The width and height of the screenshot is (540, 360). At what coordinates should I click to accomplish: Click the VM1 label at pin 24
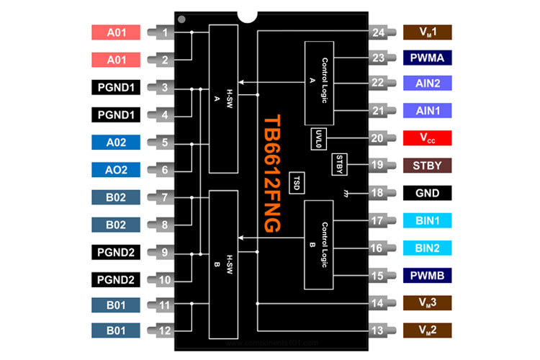(x=428, y=32)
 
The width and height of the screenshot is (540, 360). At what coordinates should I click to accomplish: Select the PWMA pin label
(x=428, y=57)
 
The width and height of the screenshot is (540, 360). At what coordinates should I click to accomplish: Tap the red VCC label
(x=428, y=138)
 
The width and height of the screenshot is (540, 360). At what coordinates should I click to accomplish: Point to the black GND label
(x=428, y=193)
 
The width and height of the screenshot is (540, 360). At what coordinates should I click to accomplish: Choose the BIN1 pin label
(x=428, y=220)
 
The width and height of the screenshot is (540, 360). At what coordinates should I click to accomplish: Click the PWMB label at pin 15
(x=428, y=275)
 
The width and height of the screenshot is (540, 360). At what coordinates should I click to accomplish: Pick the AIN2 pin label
(x=428, y=84)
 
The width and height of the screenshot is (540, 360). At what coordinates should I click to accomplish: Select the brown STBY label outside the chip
(x=428, y=165)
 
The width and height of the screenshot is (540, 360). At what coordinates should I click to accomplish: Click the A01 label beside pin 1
(x=116, y=32)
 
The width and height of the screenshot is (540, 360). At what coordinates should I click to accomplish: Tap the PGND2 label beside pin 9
(x=116, y=252)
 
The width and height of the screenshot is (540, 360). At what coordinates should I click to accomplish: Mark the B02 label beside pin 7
(x=116, y=197)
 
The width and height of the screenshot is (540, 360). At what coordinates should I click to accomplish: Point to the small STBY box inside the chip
(x=341, y=163)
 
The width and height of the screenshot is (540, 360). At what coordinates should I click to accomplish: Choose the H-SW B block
(x=222, y=264)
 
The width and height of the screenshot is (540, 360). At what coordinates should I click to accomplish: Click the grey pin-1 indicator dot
(x=182, y=19)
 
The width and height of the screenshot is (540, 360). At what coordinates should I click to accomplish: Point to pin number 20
(x=376, y=138)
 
